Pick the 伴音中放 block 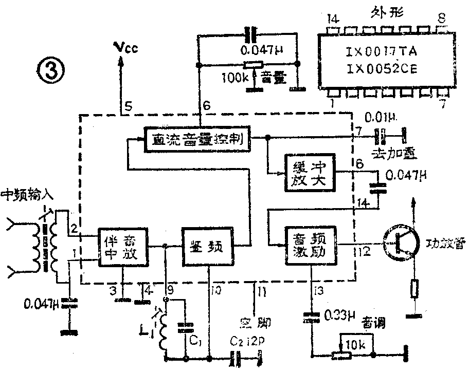coord(123,247)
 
